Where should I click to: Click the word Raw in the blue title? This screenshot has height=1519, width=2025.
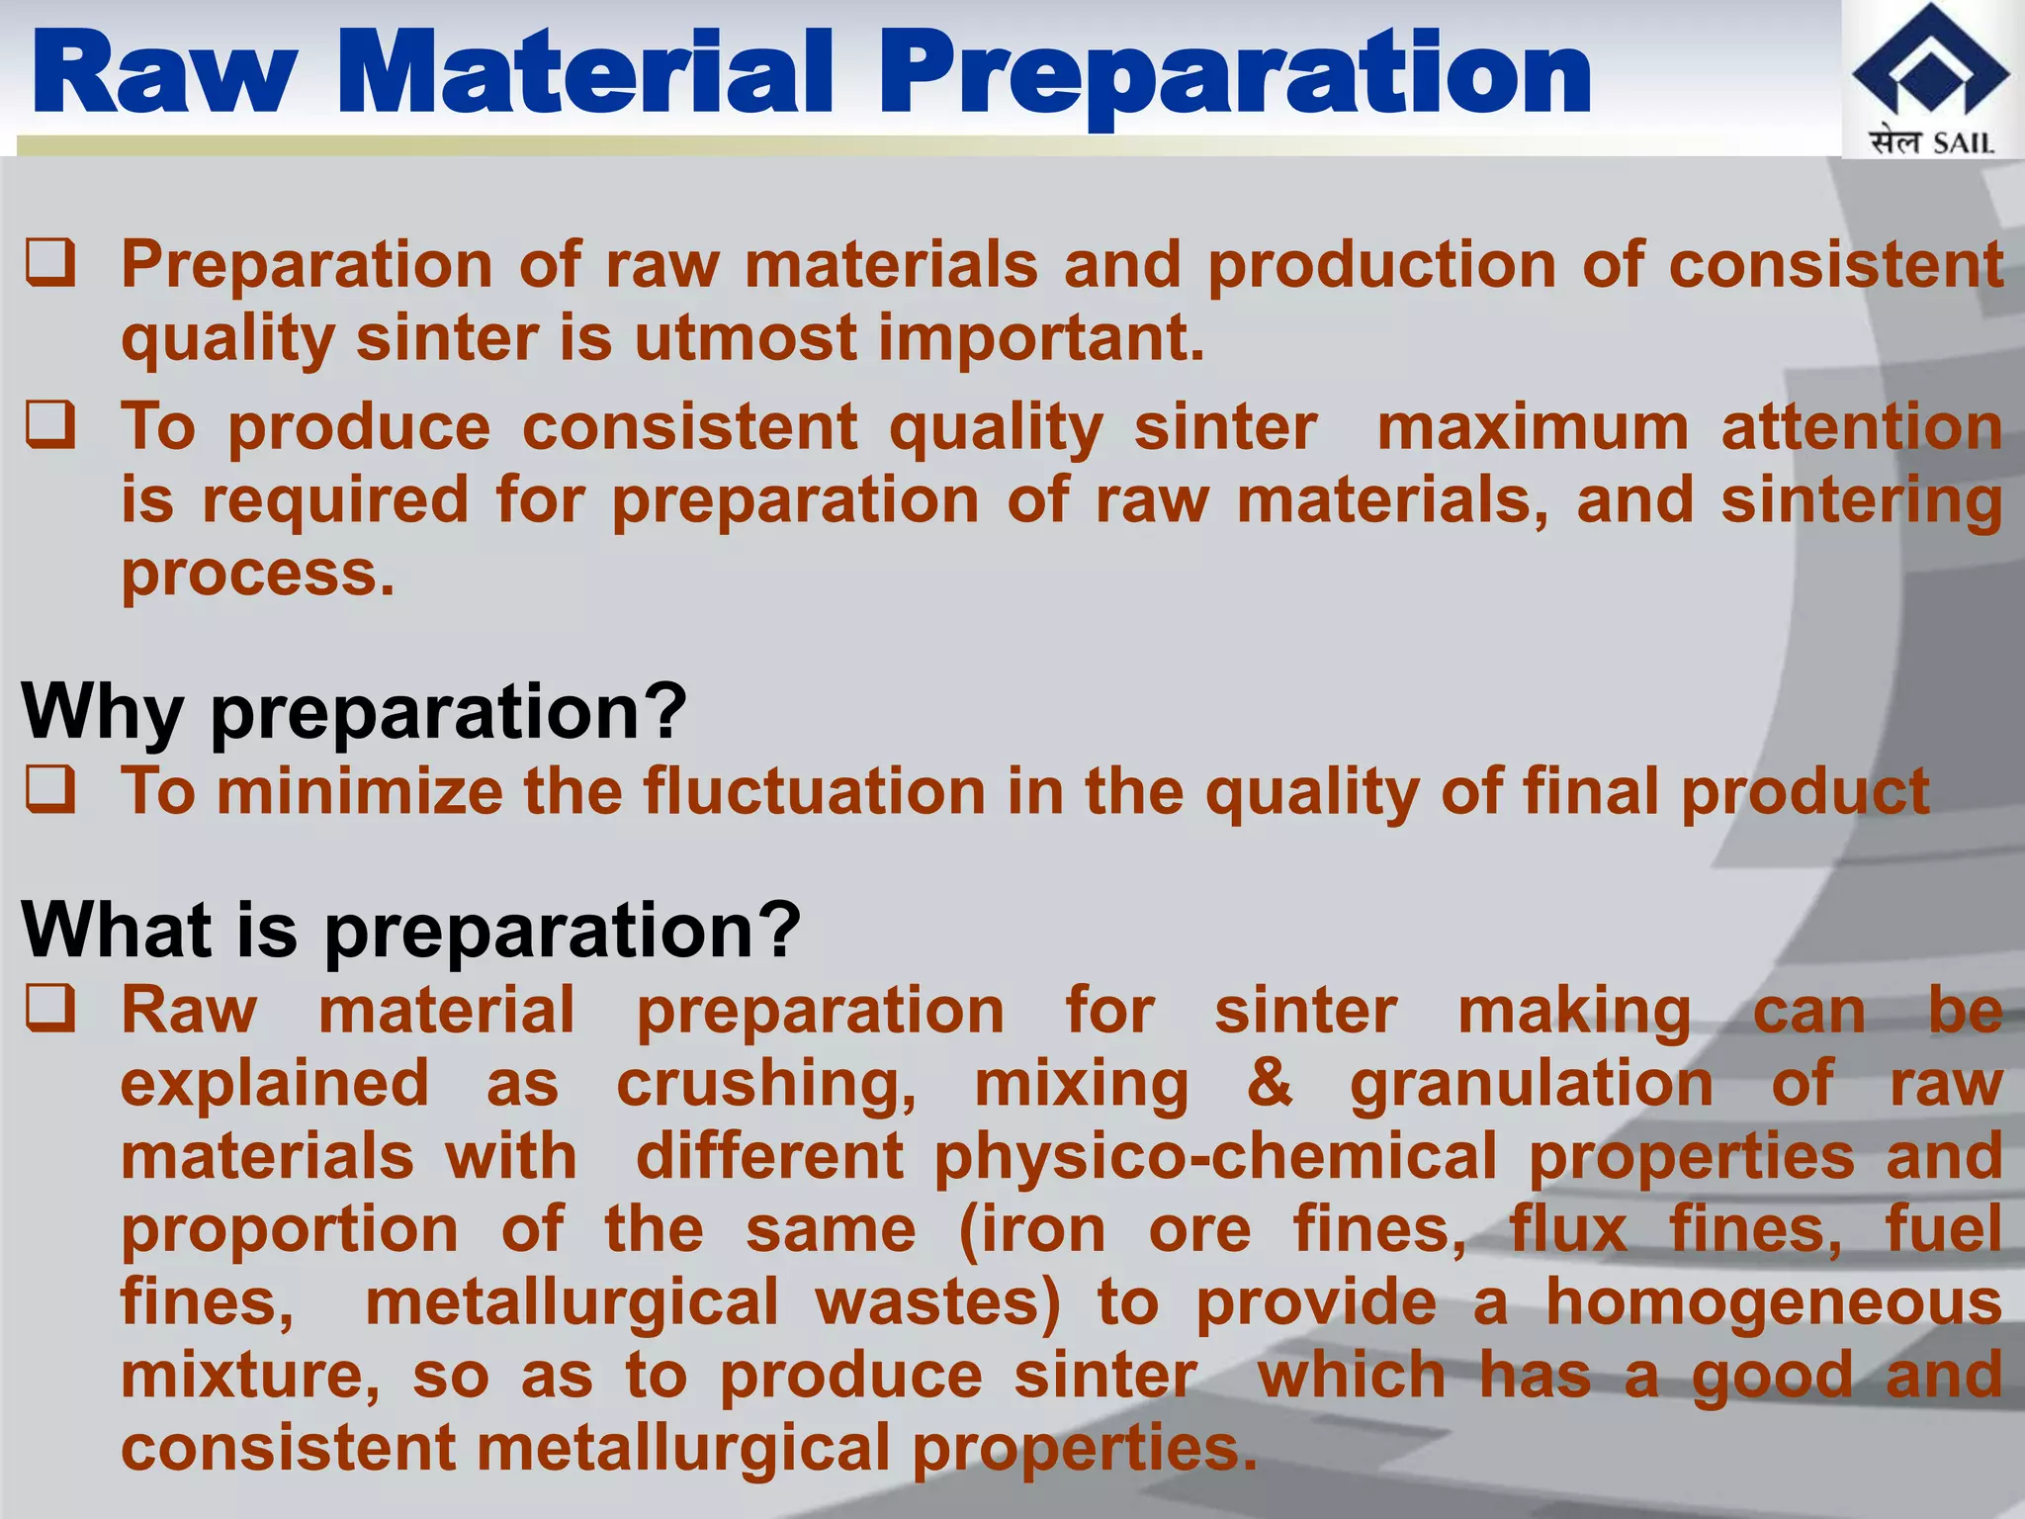tap(164, 73)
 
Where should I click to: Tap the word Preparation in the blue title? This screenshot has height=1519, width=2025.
tap(1235, 75)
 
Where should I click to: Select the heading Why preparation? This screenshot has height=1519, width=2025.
tap(354, 711)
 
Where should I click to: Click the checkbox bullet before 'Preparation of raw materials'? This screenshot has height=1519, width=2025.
tap(50, 264)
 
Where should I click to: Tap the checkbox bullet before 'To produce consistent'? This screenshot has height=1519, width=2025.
tap(50, 426)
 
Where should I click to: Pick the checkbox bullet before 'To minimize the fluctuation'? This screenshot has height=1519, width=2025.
tap(50, 791)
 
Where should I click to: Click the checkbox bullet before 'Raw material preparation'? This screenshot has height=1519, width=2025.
tap(50, 1010)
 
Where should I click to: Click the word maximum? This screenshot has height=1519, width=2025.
tap(1533, 427)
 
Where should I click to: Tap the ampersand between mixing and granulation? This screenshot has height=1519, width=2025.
tap(1269, 1083)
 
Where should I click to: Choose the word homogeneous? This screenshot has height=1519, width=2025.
tap(1774, 1301)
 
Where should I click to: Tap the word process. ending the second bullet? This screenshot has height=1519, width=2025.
tap(257, 574)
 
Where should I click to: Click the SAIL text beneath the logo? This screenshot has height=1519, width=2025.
tap(1964, 143)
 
